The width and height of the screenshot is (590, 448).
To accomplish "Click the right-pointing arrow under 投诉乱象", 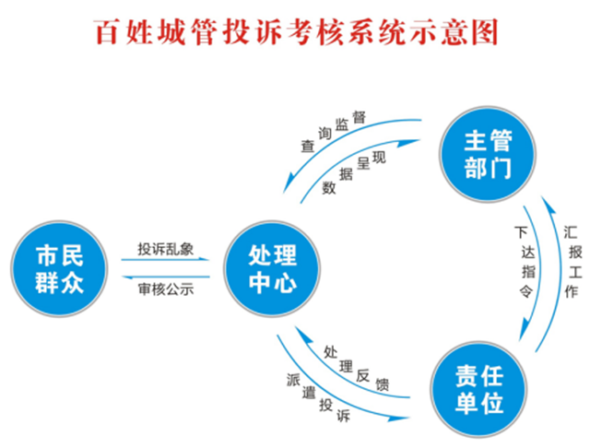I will [x=166, y=262].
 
